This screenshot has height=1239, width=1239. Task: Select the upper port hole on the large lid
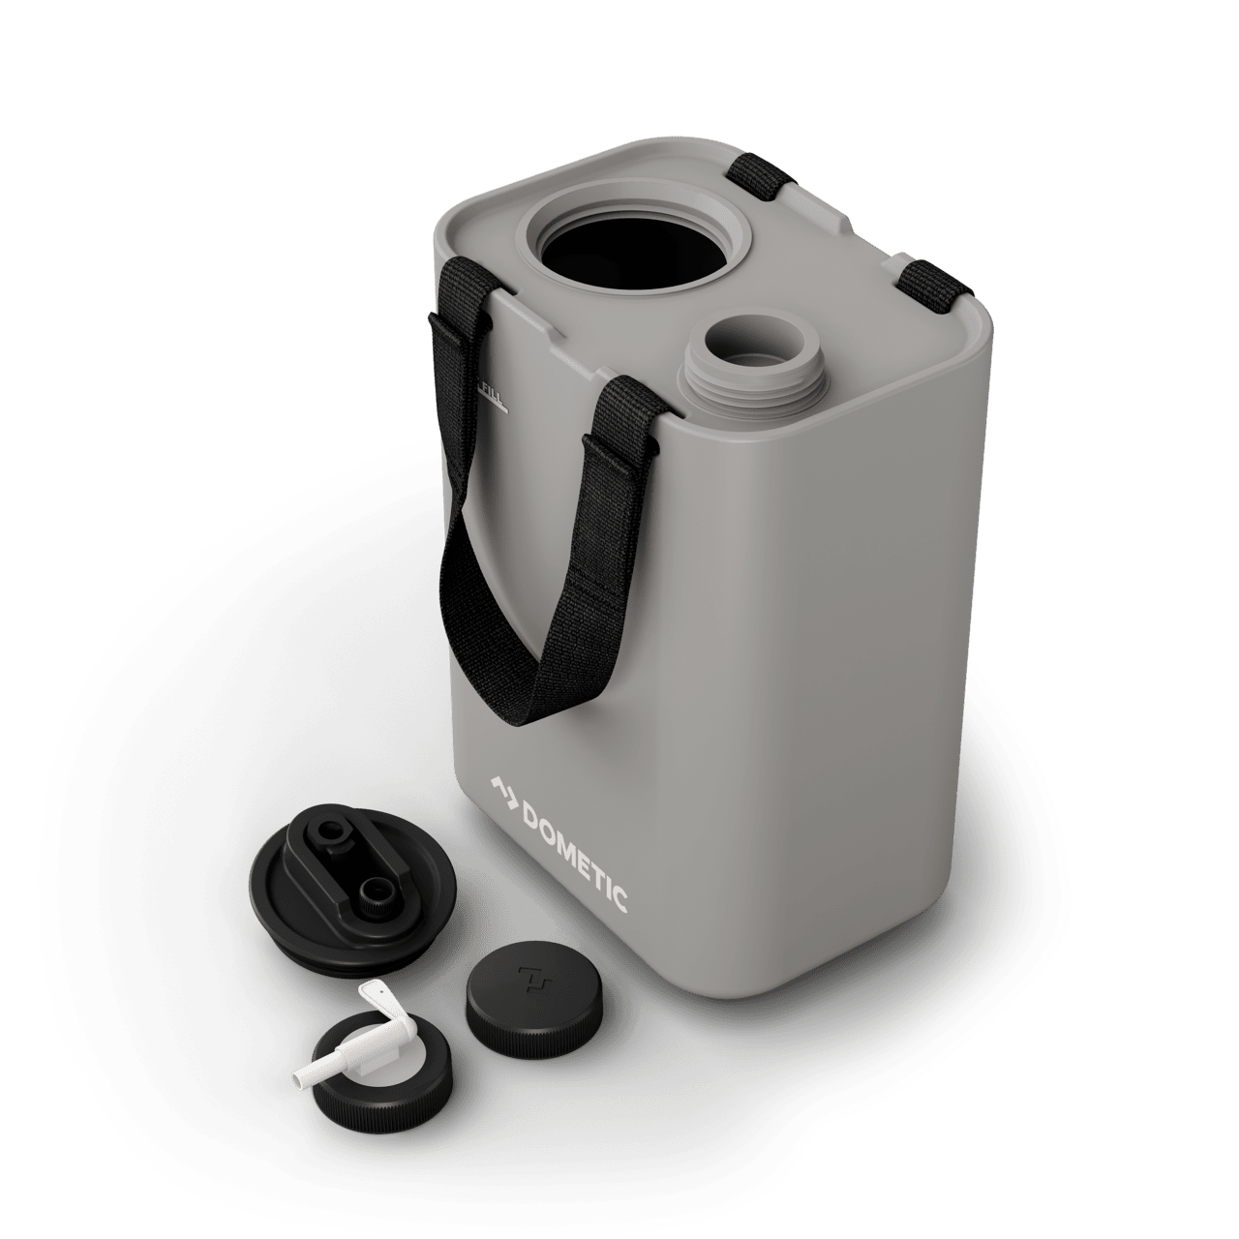(337, 831)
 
